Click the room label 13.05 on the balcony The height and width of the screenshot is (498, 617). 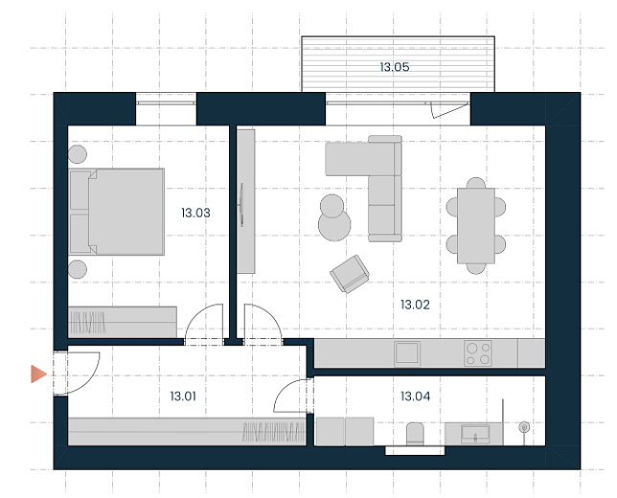pyautogui.click(x=395, y=67)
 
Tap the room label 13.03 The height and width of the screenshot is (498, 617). pyautogui.click(x=195, y=213)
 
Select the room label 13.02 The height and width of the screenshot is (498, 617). pyautogui.click(x=415, y=305)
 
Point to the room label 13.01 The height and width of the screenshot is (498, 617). pyautogui.click(x=183, y=396)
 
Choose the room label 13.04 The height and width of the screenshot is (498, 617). pyautogui.click(x=415, y=396)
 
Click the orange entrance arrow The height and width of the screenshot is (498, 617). pyautogui.click(x=38, y=373)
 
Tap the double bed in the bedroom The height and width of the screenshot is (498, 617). pyautogui.click(x=117, y=212)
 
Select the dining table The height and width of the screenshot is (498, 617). pyautogui.click(x=476, y=226)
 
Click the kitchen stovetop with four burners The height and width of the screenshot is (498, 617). pyautogui.click(x=478, y=353)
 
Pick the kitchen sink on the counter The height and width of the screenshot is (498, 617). pyautogui.click(x=407, y=353)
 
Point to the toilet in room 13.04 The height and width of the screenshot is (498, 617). pyautogui.click(x=415, y=434)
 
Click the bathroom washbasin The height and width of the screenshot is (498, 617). pyautogui.click(x=475, y=434)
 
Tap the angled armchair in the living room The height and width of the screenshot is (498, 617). pyautogui.click(x=350, y=274)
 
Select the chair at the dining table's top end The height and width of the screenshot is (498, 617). pyautogui.click(x=476, y=183)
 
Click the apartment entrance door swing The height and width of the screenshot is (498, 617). pyautogui.click(x=90, y=380)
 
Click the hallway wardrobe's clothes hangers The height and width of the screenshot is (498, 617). pyautogui.click(x=273, y=432)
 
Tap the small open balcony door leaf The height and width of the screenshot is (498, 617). pyautogui.click(x=449, y=110)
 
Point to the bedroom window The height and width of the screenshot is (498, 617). pyautogui.click(x=166, y=103)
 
